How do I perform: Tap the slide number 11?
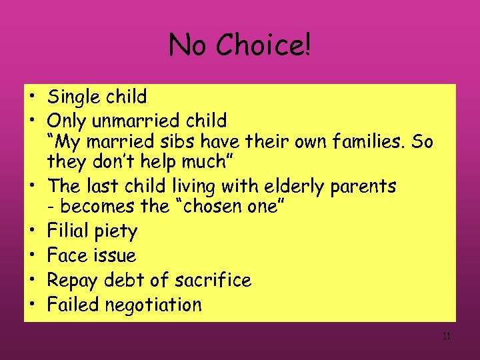click(x=446, y=336)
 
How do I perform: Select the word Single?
click(x=75, y=97)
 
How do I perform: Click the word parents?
click(x=365, y=185)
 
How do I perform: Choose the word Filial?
click(x=67, y=231)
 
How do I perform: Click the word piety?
click(x=115, y=233)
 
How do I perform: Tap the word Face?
click(x=65, y=255)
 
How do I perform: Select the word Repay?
click(x=72, y=281)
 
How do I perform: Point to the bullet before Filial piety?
click(x=31, y=231)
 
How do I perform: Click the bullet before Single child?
click(x=31, y=97)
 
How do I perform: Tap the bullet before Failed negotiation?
click(x=31, y=305)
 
